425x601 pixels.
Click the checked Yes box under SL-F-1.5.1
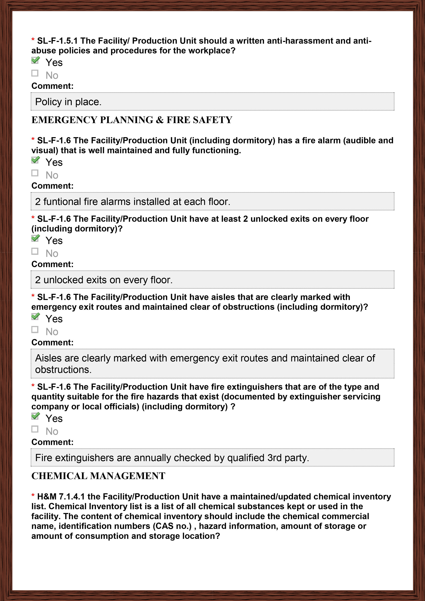click(x=35, y=60)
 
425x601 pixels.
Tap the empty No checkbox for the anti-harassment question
click(x=35, y=73)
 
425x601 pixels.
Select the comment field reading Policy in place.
click(x=212, y=102)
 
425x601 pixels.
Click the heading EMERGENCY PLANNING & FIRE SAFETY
click(x=132, y=120)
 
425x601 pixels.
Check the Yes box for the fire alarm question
click(x=35, y=160)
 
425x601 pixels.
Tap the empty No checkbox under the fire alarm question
click(x=35, y=173)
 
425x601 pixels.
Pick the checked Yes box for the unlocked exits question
click(x=35, y=238)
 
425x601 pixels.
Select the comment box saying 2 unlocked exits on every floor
click(x=212, y=280)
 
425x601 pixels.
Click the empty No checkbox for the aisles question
click(x=35, y=330)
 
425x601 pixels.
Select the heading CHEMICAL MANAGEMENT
click(x=98, y=476)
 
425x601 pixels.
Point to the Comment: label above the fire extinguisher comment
click(x=52, y=442)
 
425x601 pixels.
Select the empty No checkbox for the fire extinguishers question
click(x=35, y=429)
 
